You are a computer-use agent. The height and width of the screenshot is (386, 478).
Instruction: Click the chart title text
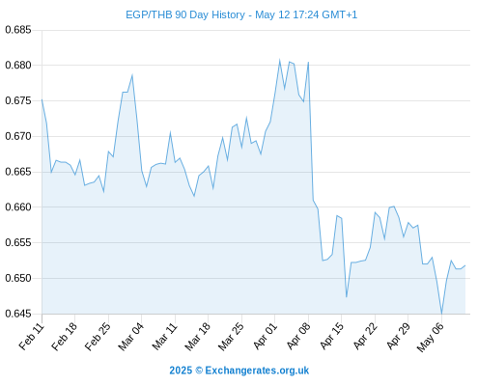pos(241,14)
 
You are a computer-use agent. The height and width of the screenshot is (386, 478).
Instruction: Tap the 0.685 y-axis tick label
pos(18,30)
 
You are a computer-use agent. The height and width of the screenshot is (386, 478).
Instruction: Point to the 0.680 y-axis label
pos(18,66)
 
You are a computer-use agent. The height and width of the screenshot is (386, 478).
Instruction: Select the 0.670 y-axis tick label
pos(18,136)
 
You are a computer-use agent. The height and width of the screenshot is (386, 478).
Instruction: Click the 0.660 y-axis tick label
pos(18,207)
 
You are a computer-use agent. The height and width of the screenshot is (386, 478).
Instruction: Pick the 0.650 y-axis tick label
pos(18,278)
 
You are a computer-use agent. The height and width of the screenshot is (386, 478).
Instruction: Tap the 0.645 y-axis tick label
pos(18,314)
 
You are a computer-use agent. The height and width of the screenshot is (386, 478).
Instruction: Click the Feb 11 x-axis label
pos(32,336)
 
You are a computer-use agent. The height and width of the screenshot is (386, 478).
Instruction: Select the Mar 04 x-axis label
pos(130,336)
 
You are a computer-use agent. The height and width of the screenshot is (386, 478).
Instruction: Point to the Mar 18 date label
pos(197,336)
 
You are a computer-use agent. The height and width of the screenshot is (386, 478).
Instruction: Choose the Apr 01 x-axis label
pos(265,336)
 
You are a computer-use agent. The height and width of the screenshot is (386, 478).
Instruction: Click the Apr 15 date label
pos(332,336)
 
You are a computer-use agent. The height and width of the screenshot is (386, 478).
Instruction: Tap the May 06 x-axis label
pos(431,337)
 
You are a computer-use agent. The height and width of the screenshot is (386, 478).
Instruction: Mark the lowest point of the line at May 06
pos(441,314)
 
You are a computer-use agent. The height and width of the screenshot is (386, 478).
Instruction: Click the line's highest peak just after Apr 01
pos(279,60)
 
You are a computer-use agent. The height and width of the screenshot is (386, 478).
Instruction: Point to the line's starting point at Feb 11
pos(42,99)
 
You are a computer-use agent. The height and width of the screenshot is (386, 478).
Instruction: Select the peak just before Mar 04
pos(132,75)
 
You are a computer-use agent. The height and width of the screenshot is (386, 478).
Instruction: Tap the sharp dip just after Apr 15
pos(347,296)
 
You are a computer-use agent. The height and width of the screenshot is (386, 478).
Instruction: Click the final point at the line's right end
pos(465,265)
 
